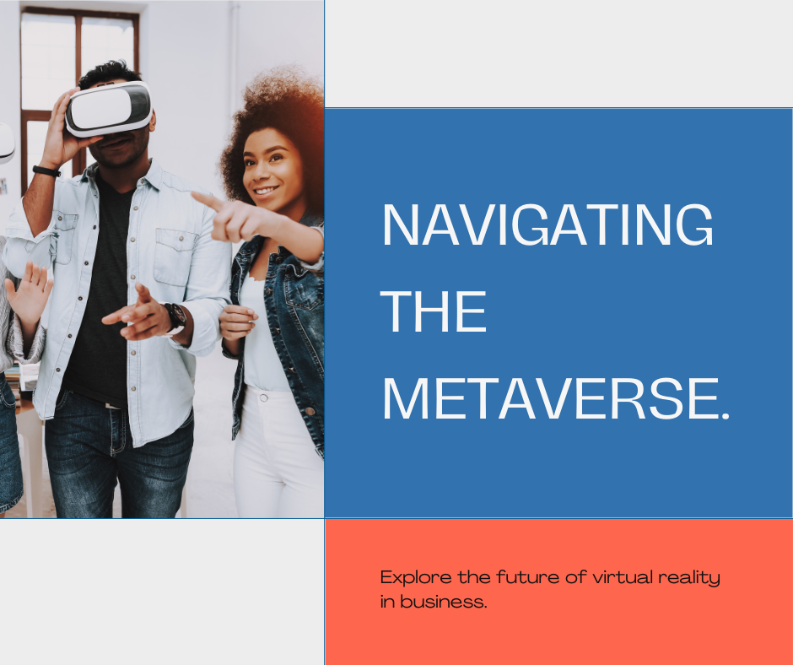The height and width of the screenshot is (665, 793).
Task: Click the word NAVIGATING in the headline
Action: [548, 226]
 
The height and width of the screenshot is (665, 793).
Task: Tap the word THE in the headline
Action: [434, 312]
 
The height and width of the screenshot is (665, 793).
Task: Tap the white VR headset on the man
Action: [109, 108]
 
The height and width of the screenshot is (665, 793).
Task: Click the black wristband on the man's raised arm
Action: [46, 170]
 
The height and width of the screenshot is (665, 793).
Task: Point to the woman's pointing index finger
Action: [202, 199]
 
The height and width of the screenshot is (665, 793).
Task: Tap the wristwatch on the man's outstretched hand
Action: [175, 318]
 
